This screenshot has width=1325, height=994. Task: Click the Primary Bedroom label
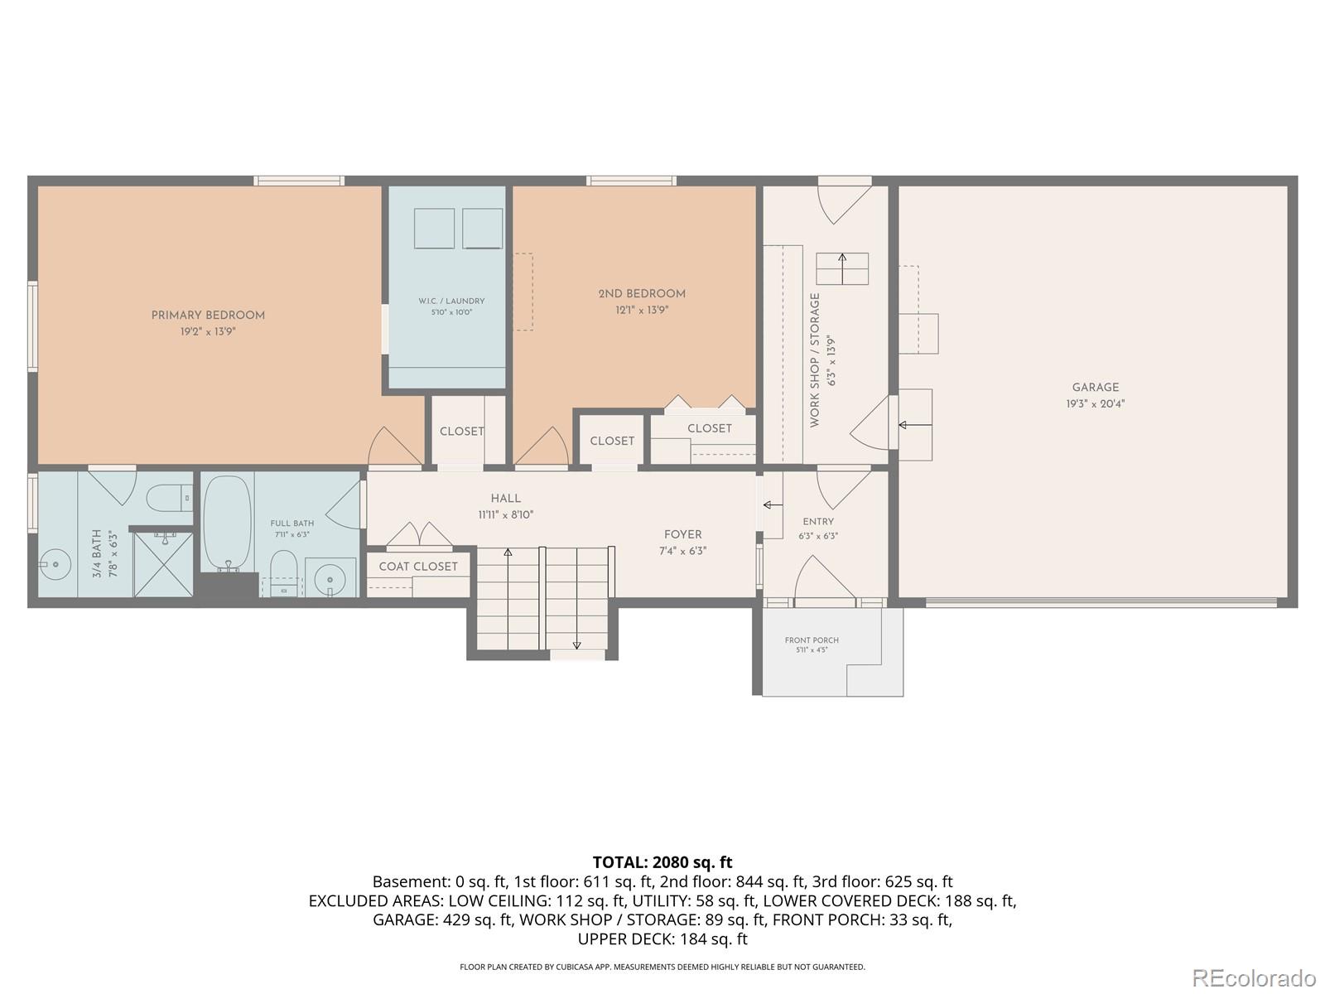(x=208, y=315)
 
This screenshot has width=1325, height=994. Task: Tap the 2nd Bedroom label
(x=642, y=294)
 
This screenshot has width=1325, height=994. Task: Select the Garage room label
(x=1095, y=388)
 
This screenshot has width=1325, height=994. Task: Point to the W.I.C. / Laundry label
(x=451, y=301)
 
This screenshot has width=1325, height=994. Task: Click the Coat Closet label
(x=418, y=566)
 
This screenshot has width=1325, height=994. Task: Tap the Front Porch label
(x=812, y=639)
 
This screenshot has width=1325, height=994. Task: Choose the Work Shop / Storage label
(x=815, y=360)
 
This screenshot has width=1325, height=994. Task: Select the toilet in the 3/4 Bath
(x=170, y=497)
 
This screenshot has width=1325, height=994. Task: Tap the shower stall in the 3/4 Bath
(x=163, y=564)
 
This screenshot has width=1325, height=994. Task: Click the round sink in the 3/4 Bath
(x=55, y=564)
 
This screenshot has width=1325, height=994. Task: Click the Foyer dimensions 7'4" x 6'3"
(x=682, y=551)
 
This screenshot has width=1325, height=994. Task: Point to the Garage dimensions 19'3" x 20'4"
(x=1095, y=403)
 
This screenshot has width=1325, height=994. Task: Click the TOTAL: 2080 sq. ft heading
(x=662, y=861)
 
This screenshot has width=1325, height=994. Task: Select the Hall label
(x=505, y=499)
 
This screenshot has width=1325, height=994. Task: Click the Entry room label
(x=818, y=522)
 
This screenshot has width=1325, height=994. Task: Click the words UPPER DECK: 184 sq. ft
(x=662, y=939)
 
